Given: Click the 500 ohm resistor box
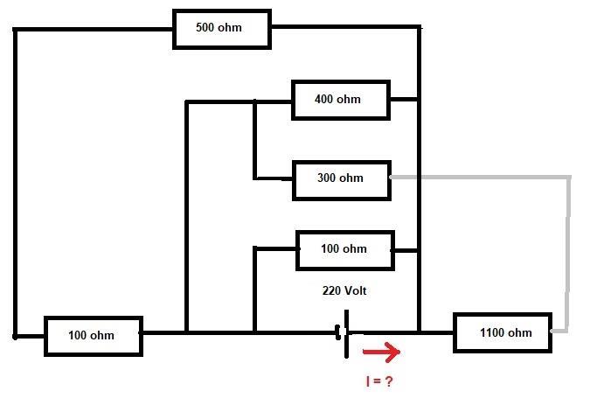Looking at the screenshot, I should point(222,29).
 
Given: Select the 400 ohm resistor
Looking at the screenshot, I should point(341,100).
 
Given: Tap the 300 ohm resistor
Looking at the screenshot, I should point(341,178).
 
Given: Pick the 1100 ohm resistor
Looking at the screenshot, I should point(503,332).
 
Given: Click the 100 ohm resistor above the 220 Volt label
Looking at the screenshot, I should point(345,249).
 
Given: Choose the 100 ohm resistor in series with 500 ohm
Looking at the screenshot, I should point(93,336).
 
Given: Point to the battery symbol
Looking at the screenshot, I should point(344,332).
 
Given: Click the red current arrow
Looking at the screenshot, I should point(381,353).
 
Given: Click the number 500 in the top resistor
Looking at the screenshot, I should point(205,28).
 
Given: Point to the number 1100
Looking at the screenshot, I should point(493,332).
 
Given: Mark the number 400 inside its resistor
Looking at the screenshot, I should point(324,100).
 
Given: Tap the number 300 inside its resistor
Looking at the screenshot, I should point(327,178).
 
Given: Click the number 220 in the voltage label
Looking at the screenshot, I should point(333,290).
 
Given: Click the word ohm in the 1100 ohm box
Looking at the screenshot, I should point(519,332).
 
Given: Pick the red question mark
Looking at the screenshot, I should point(394,382).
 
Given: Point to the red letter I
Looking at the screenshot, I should point(368,382).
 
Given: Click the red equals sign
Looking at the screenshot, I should point(379,382).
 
